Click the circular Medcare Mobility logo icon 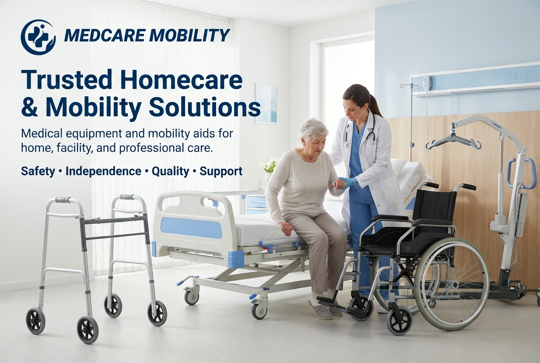pyautogui.click(x=38, y=37)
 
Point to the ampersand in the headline pyautogui.click(x=29, y=107)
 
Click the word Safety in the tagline pyautogui.click(x=38, y=172)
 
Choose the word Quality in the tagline pyautogui.click(x=170, y=172)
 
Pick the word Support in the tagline pyautogui.click(x=221, y=172)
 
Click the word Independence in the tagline pyautogui.click(x=103, y=171)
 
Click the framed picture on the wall pyautogui.click(x=266, y=104)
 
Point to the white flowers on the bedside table pyautogui.click(x=269, y=164)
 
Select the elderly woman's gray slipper pyautogui.click(x=320, y=310)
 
